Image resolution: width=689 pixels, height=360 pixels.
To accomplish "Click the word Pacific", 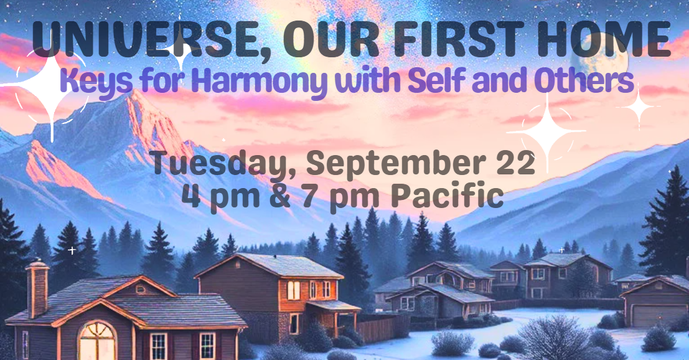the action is (447, 196).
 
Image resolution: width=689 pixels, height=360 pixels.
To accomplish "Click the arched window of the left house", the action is (97, 341).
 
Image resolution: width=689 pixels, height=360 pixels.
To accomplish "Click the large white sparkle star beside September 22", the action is (547, 131).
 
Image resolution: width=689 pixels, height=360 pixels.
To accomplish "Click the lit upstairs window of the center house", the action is (294, 290).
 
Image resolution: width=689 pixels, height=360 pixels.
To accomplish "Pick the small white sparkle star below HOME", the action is (639, 107).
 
